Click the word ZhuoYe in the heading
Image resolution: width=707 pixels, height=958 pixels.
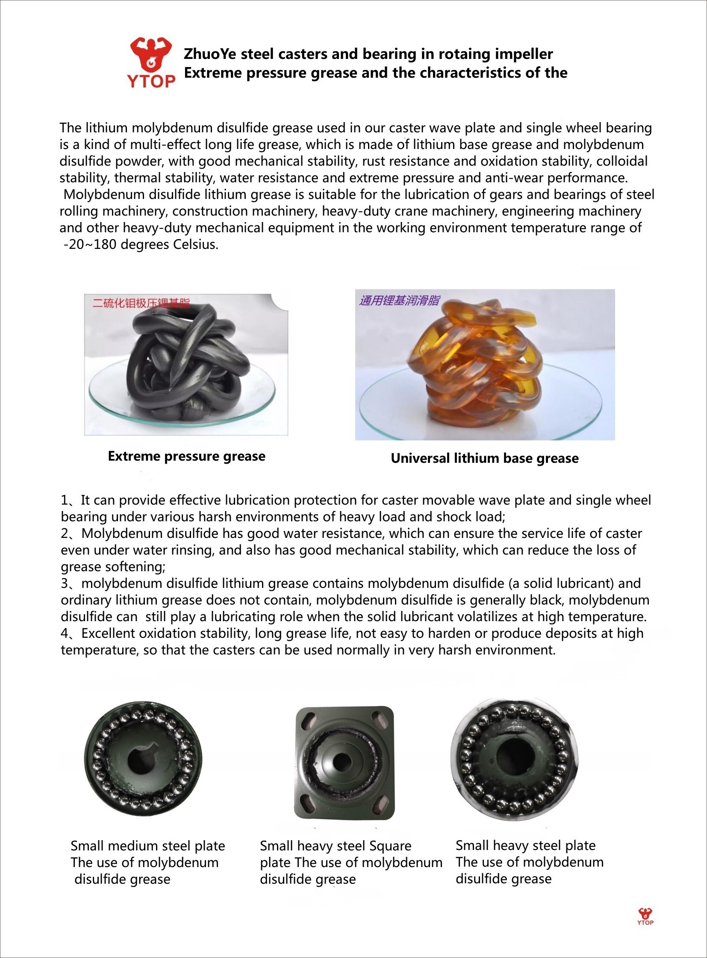(210, 54)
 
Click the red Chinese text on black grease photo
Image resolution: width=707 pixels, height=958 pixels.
(141, 304)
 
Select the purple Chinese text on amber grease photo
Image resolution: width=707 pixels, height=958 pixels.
(399, 301)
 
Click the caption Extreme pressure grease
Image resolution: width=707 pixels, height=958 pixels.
(187, 456)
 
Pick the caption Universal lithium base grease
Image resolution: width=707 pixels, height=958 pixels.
(484, 458)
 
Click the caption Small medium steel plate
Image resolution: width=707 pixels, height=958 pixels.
(147, 846)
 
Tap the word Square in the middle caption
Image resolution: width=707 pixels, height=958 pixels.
(390, 846)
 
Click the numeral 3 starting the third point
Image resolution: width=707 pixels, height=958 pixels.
(64, 584)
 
